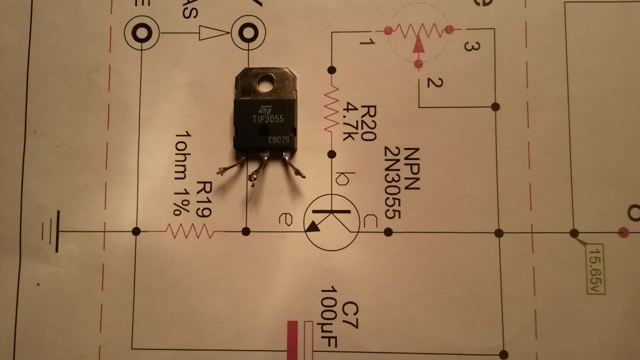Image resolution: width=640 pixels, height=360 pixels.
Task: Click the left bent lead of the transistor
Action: point(230,166)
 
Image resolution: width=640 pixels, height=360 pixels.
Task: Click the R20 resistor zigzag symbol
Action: point(331,111)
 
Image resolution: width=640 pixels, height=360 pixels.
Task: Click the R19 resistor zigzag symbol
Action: point(191,232)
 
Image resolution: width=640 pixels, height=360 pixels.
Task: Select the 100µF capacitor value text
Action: point(329,320)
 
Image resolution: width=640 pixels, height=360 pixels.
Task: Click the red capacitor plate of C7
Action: point(292,341)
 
